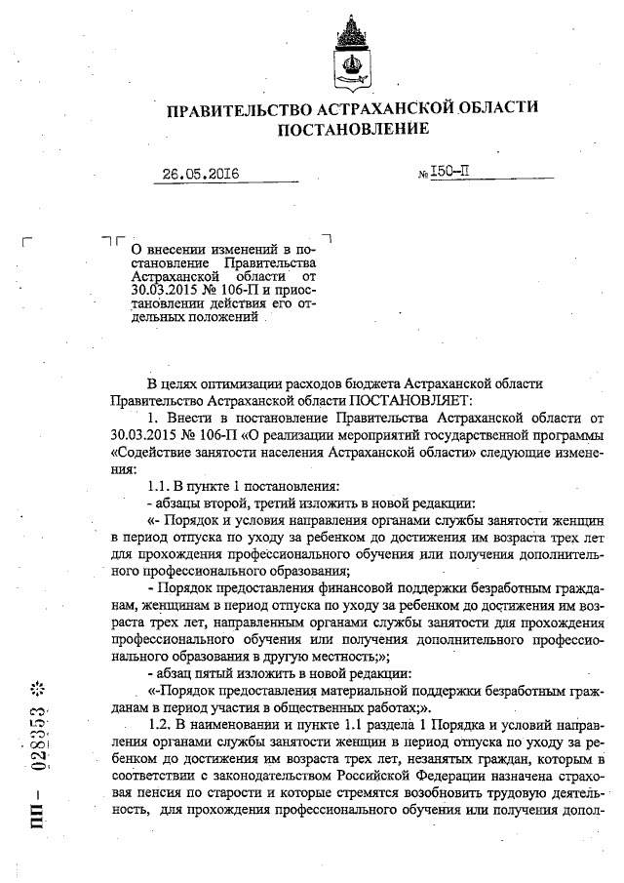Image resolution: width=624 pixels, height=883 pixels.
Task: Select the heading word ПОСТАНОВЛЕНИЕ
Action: click(353, 130)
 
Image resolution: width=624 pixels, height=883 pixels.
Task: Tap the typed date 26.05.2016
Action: click(201, 176)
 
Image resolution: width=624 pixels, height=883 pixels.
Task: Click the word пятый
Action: click(208, 672)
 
